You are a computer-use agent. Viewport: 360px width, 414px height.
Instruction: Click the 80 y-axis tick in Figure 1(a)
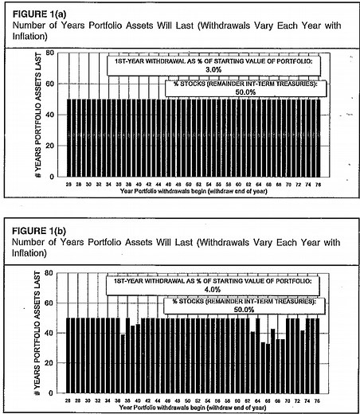[50, 53]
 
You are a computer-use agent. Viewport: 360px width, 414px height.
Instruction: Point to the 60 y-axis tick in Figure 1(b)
[50, 303]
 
